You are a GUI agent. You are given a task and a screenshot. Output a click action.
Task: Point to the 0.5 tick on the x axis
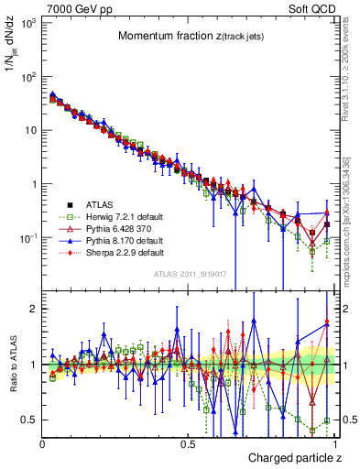(188, 442)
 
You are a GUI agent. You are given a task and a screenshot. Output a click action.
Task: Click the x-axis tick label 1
(334, 442)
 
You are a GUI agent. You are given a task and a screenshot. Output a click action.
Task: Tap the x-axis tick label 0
(42, 442)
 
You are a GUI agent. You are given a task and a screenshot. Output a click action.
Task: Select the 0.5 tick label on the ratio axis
(29, 420)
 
